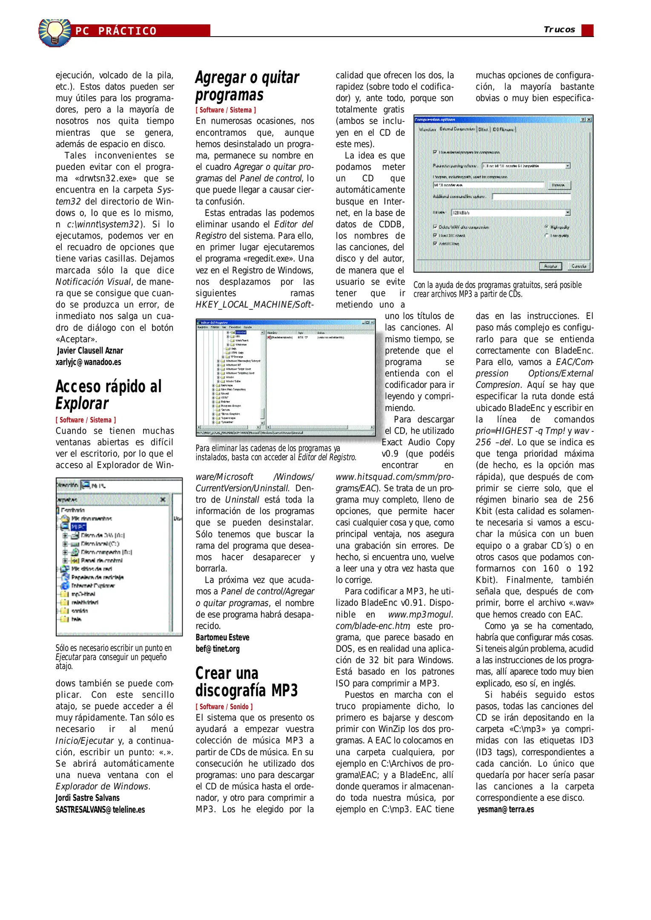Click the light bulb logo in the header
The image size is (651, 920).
pyautogui.click(x=55, y=32)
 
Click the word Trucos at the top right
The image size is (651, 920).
pyautogui.click(x=559, y=29)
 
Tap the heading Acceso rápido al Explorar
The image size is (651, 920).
pyautogui.click(x=109, y=395)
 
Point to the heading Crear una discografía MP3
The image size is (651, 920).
pyautogui.click(x=247, y=681)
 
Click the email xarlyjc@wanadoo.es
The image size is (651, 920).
pyautogui.click(x=88, y=362)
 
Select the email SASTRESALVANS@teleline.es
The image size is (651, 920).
pyautogui.click(x=100, y=809)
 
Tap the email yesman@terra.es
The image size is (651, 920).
pyautogui.click(x=505, y=809)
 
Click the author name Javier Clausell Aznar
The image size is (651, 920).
pyautogui.click(x=90, y=351)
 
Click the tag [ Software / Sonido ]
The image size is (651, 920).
pyautogui.click(x=224, y=707)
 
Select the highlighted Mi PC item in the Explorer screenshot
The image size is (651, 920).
pyautogui.click(x=79, y=527)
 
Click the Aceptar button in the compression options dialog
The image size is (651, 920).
pyautogui.click(x=551, y=266)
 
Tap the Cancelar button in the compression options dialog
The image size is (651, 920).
pyautogui.click(x=579, y=266)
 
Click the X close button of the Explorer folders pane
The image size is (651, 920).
pyautogui.click(x=163, y=499)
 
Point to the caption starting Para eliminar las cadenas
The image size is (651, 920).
pyautogui.click(x=275, y=453)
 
